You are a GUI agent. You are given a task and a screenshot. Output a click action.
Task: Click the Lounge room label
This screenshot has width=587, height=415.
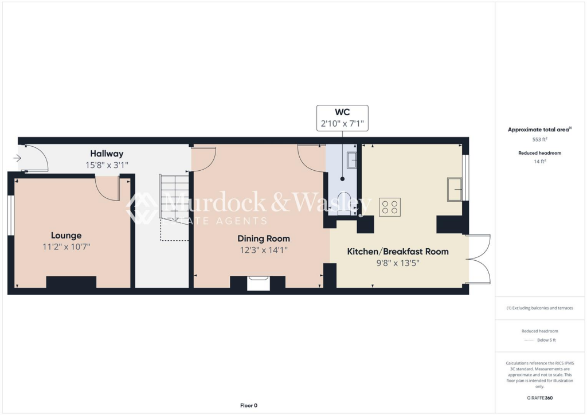pyautogui.click(x=66, y=235)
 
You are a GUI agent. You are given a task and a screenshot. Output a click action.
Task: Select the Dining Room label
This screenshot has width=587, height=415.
pyautogui.click(x=264, y=238)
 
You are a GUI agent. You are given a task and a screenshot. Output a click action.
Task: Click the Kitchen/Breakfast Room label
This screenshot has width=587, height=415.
pyautogui.click(x=398, y=252)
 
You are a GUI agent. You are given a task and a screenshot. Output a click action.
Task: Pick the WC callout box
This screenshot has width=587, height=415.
pyautogui.click(x=342, y=118)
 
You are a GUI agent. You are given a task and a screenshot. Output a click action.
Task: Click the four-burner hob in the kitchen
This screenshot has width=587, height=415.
pyautogui.click(x=390, y=207)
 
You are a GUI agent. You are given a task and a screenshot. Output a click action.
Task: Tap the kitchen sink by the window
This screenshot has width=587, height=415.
pyautogui.click(x=455, y=189)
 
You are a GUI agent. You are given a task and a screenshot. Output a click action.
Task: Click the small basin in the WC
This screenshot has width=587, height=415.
pyautogui.click(x=351, y=159)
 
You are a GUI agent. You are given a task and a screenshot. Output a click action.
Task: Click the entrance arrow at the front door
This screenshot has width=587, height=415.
pyautogui.click(x=17, y=158)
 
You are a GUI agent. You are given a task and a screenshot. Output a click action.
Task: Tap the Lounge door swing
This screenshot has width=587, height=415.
pyautogui.click(x=107, y=188)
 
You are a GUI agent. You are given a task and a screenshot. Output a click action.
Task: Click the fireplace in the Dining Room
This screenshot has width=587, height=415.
pyautogui.click(x=257, y=283)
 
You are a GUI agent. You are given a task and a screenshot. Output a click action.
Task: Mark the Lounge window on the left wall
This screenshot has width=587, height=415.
pyautogui.click(x=10, y=215)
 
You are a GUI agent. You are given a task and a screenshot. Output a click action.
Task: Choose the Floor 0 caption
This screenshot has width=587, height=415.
pyautogui.click(x=248, y=405)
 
